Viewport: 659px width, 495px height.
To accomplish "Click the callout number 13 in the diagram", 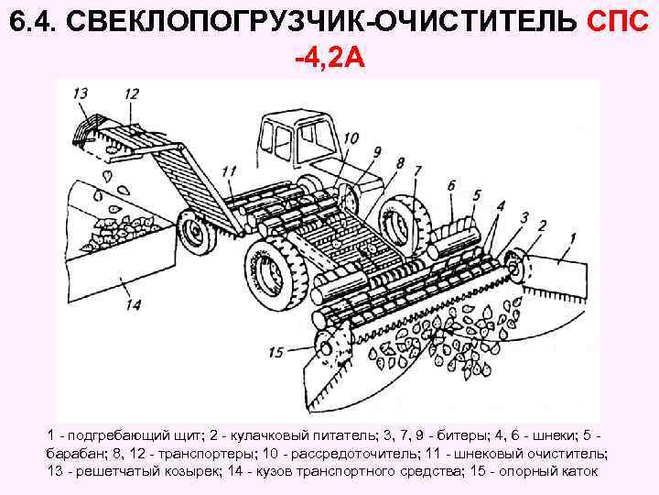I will pyautogui.click(x=81, y=93).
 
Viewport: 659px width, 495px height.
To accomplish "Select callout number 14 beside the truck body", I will pyautogui.click(x=133, y=304).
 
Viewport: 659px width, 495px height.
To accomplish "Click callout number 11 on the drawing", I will pyautogui.click(x=229, y=170).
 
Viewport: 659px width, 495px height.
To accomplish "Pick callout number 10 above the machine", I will pyautogui.click(x=350, y=138).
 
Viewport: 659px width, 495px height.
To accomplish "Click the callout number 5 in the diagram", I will pyautogui.click(x=477, y=195).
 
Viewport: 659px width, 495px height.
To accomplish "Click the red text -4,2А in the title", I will pyautogui.click(x=329, y=60).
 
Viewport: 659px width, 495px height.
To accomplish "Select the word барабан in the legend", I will pyautogui.click(x=75, y=454).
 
